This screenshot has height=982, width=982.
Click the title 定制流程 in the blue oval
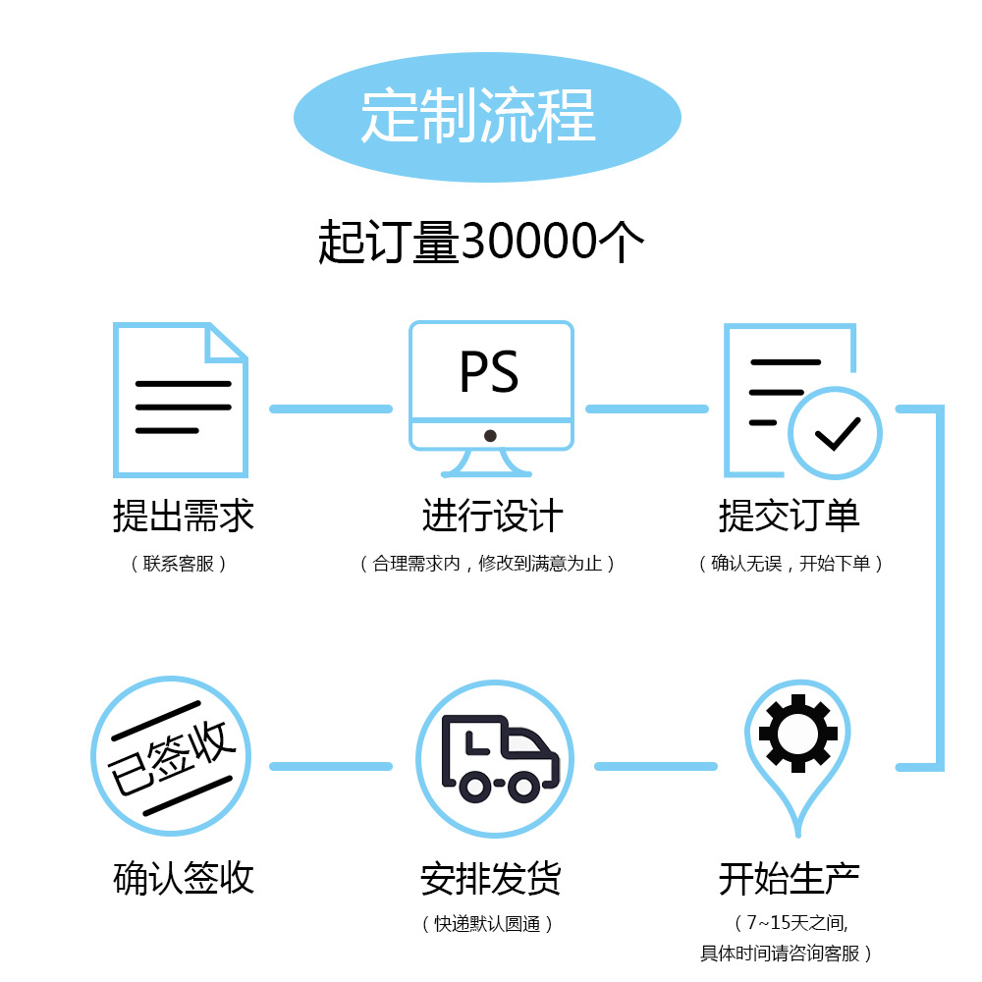click(478, 116)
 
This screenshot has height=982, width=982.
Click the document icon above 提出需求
click(181, 400)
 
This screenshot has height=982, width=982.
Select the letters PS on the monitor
click(489, 371)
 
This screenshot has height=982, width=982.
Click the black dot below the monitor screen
click(490, 435)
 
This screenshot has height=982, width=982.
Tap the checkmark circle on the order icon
click(836, 432)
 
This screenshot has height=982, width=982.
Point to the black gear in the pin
click(797, 733)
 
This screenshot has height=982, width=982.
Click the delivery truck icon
click(500, 755)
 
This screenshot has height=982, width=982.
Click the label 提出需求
click(184, 516)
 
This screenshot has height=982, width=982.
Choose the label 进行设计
click(492, 516)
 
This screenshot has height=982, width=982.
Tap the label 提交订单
click(790, 516)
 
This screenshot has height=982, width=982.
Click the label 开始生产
click(790, 878)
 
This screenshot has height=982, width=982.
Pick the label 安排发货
click(491, 878)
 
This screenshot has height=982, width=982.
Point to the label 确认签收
click(184, 878)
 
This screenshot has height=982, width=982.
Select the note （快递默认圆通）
click(488, 924)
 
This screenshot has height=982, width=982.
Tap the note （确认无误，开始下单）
click(791, 564)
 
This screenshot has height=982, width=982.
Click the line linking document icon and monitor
click(330, 409)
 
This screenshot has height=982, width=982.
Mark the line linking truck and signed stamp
click(330, 766)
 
